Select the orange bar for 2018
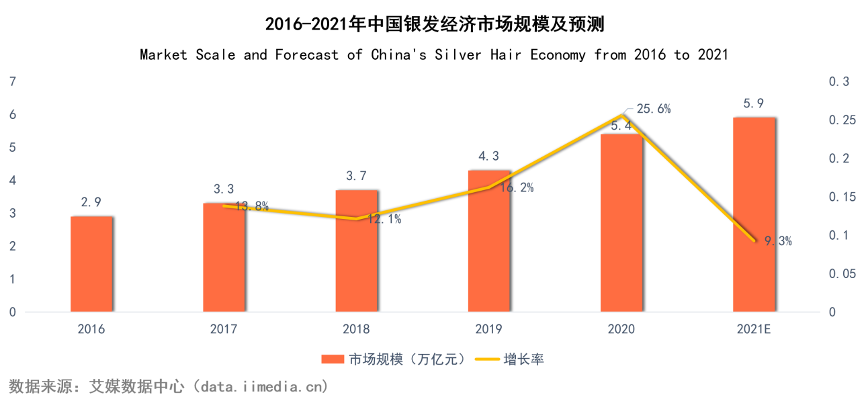356,251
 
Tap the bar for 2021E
754,215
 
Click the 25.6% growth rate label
653,109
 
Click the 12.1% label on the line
384,219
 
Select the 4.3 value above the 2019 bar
488,156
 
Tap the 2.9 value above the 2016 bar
91,202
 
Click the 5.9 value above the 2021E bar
753,103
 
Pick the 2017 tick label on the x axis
223,329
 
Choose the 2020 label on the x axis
621,329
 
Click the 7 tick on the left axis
11,82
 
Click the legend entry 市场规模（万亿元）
393,359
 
